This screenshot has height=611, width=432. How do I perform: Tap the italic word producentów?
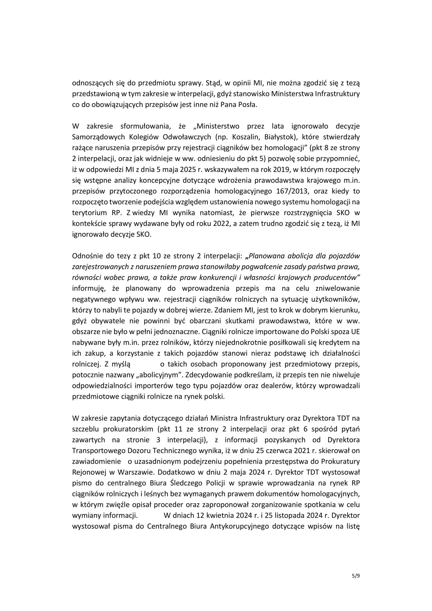click(337, 277)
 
